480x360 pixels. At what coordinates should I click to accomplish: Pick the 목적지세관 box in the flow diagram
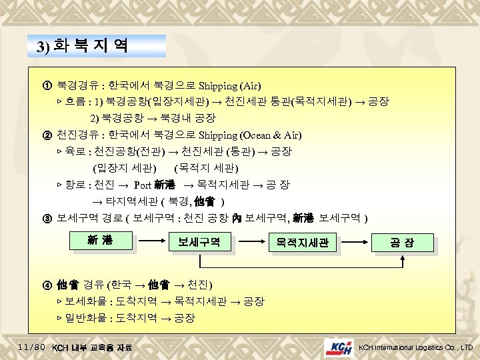click(302, 243)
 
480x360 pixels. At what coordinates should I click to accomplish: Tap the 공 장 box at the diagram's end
click(405, 243)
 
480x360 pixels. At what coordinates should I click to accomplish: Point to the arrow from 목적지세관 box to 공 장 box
click(355, 243)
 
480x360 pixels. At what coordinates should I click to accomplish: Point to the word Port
click(143, 185)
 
